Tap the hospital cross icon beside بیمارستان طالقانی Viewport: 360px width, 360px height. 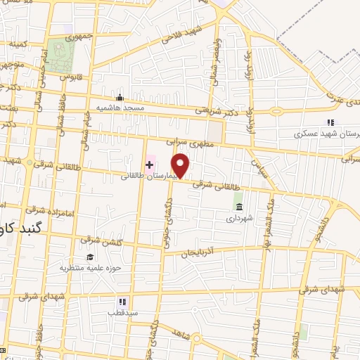coord(149,165)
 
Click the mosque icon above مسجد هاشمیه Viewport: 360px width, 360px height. coord(120,97)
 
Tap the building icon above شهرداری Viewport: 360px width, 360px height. coord(240,207)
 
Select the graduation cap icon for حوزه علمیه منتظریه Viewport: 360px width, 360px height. coord(90,257)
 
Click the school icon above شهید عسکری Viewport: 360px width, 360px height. coord(330,122)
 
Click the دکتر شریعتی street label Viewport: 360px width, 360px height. coord(212,110)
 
